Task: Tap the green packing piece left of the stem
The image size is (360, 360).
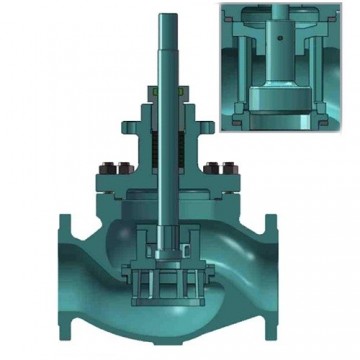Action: tap(156, 93)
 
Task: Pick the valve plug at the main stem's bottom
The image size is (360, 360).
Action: tap(167, 240)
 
